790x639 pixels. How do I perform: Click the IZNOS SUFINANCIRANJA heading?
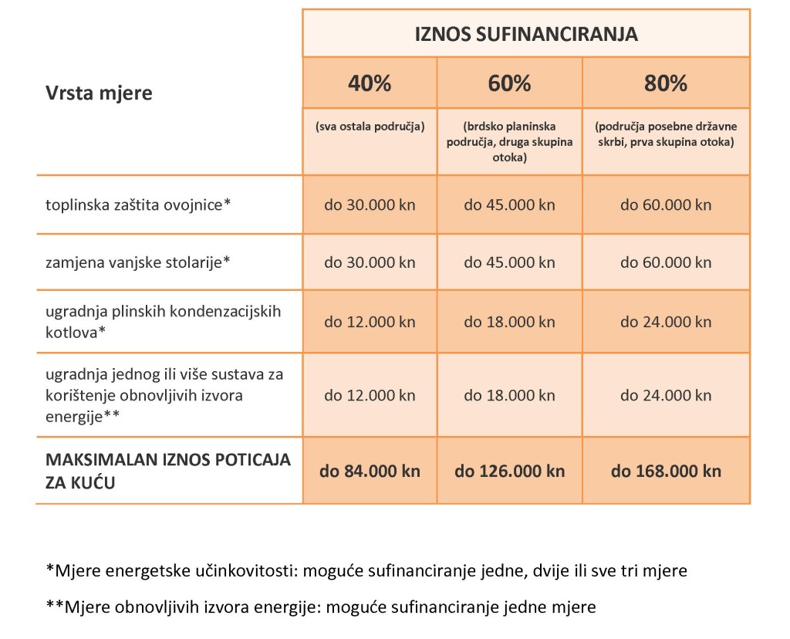click(526, 35)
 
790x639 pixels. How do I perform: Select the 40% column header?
click(370, 83)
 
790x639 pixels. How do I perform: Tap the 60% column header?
click(509, 83)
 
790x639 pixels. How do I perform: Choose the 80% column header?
click(666, 83)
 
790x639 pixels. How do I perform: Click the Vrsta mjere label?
click(99, 93)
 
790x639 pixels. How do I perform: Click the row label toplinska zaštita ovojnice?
click(139, 205)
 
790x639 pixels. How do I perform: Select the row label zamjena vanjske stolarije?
click(138, 262)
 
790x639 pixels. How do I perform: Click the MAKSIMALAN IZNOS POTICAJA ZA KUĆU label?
click(168, 471)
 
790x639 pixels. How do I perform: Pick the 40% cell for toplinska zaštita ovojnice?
click(370, 205)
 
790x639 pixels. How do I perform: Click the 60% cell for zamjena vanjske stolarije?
click(509, 262)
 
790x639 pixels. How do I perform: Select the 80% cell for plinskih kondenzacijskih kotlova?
click(666, 321)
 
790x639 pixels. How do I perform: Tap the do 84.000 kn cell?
click(370, 471)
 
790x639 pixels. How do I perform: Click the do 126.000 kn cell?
click(509, 471)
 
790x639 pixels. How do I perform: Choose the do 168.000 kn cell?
click(666, 471)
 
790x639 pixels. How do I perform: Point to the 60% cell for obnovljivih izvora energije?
click(509, 395)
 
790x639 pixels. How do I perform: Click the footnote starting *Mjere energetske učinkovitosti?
click(366, 571)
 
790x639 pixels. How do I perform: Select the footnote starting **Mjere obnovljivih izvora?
click(321, 607)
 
